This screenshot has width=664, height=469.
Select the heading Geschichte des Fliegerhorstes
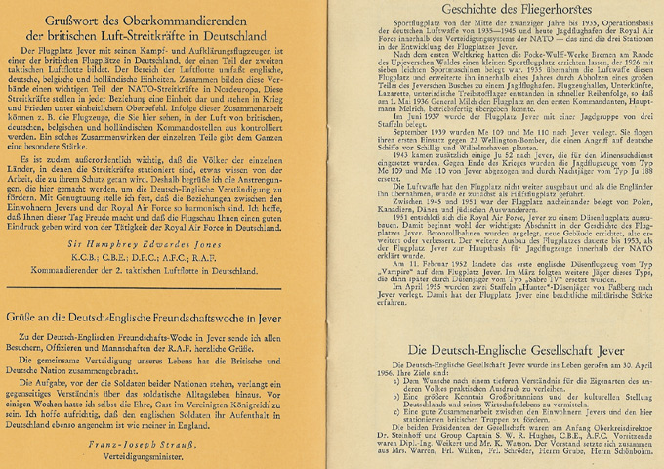point(497,11)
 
